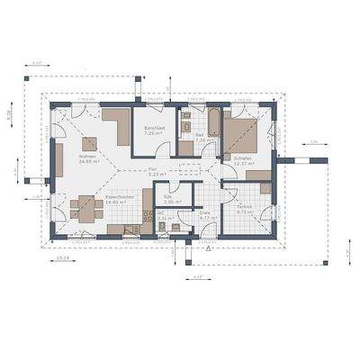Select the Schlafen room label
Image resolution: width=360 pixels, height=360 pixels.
(x=241, y=157)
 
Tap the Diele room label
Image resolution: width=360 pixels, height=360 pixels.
(x=204, y=212)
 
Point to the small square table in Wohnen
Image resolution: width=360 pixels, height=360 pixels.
(x=87, y=143)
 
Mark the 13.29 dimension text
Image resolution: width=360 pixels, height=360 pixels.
(x=64, y=258)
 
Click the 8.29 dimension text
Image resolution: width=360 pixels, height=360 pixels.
(x=8, y=115)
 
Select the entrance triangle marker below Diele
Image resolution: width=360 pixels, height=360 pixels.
(x=209, y=253)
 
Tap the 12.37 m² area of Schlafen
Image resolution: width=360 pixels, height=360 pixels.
(x=241, y=163)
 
